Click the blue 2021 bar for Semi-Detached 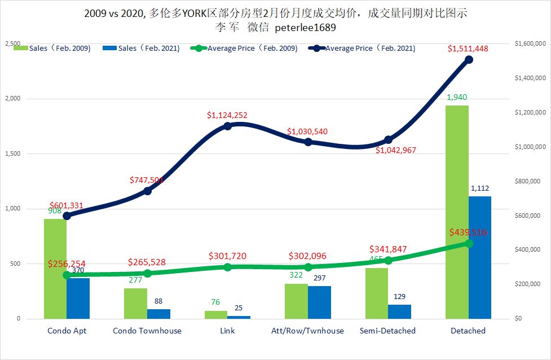tap(399, 311)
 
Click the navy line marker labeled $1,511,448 tap(468, 60)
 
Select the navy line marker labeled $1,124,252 tap(227, 126)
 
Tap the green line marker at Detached tap(468, 243)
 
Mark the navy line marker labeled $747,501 tap(147, 191)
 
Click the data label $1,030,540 tap(307, 131)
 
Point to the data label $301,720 tap(227, 256)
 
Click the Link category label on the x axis tap(227, 331)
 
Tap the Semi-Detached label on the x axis tap(387, 331)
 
